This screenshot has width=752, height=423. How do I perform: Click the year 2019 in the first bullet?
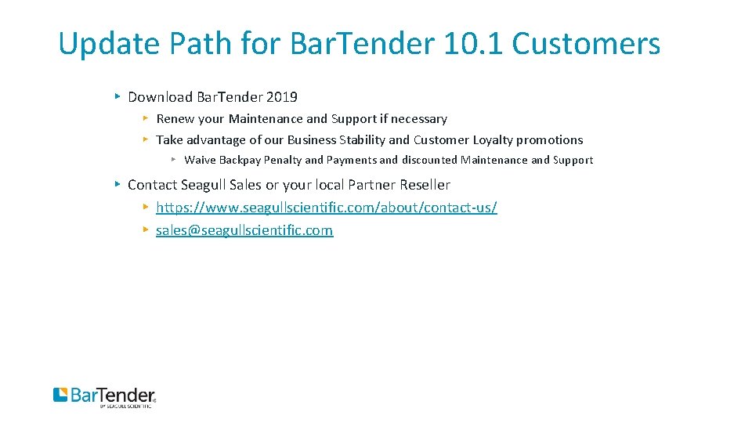pos(281,97)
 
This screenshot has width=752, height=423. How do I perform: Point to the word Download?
pos(160,97)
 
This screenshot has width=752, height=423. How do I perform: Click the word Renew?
pos(174,119)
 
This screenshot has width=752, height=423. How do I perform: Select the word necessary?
pos(419,119)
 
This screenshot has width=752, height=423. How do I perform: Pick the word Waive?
pos(200,160)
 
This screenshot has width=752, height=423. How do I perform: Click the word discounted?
pos(429,160)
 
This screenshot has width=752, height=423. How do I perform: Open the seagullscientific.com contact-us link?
pos(326,208)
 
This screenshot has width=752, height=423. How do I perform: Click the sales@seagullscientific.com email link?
pos(244,230)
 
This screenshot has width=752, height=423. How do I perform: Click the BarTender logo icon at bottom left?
pos(60,394)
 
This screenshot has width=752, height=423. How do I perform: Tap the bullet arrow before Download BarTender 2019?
pos(116,96)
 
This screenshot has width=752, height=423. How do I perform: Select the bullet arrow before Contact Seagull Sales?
pos(116,184)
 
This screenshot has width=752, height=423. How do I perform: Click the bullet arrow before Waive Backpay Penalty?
pos(173,159)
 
